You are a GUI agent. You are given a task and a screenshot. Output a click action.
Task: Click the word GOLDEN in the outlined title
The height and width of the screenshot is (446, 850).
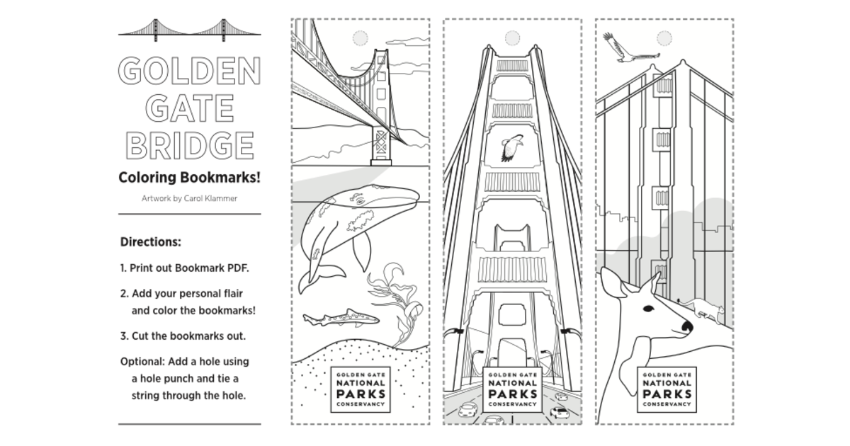[x=189, y=71]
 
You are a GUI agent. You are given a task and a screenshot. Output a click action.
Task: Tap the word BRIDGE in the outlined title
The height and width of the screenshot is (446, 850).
[x=190, y=145]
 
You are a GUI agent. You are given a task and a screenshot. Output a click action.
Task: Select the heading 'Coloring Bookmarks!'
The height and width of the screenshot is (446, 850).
[x=189, y=178]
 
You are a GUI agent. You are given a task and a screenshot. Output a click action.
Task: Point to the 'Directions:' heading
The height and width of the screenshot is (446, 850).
[x=151, y=241]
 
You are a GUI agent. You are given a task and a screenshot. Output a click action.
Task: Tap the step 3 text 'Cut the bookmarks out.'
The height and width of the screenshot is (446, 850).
[x=188, y=336]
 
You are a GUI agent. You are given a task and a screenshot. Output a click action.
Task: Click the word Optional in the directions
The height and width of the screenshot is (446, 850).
[x=142, y=362]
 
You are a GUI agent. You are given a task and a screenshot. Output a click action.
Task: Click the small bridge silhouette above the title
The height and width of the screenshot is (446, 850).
[x=189, y=30]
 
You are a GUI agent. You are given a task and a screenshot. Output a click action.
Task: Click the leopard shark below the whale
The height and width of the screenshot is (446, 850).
[x=341, y=318]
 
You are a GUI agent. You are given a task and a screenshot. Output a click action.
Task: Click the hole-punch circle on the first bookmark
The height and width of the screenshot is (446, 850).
[x=360, y=38]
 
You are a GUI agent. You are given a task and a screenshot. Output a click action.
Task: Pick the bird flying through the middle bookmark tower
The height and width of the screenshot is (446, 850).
[x=512, y=148]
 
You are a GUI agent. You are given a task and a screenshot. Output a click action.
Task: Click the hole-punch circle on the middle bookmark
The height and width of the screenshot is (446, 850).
[x=512, y=38]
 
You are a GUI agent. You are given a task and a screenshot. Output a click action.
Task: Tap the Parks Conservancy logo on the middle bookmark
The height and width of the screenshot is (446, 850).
[x=512, y=389]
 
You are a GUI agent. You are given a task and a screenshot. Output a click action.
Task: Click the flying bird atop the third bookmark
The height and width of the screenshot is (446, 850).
[x=628, y=48]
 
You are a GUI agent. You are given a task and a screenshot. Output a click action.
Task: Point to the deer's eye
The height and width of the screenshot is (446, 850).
[x=649, y=309]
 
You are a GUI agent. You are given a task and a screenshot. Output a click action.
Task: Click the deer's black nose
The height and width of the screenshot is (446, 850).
[x=687, y=326]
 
